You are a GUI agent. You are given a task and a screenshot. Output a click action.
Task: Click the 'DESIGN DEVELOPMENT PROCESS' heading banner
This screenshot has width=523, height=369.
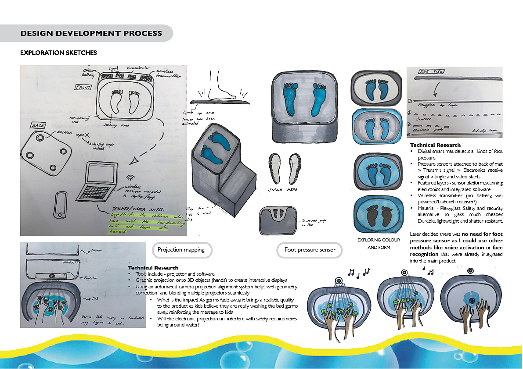pyautogui.click(x=91, y=33)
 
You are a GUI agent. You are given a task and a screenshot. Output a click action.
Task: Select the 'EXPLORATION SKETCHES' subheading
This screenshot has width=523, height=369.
pyautogui.click(x=58, y=53)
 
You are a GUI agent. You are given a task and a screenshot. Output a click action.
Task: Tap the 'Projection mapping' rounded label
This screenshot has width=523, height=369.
pyautogui.click(x=181, y=250)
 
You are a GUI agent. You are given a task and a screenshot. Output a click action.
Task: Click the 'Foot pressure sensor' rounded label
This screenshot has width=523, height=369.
pyautogui.click(x=310, y=250)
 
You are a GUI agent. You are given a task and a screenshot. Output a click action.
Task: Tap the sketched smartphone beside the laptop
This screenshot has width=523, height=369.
pyautogui.click(x=60, y=206)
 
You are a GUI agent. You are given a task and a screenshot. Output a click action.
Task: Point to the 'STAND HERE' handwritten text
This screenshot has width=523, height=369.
pyautogui.click(x=282, y=190)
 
